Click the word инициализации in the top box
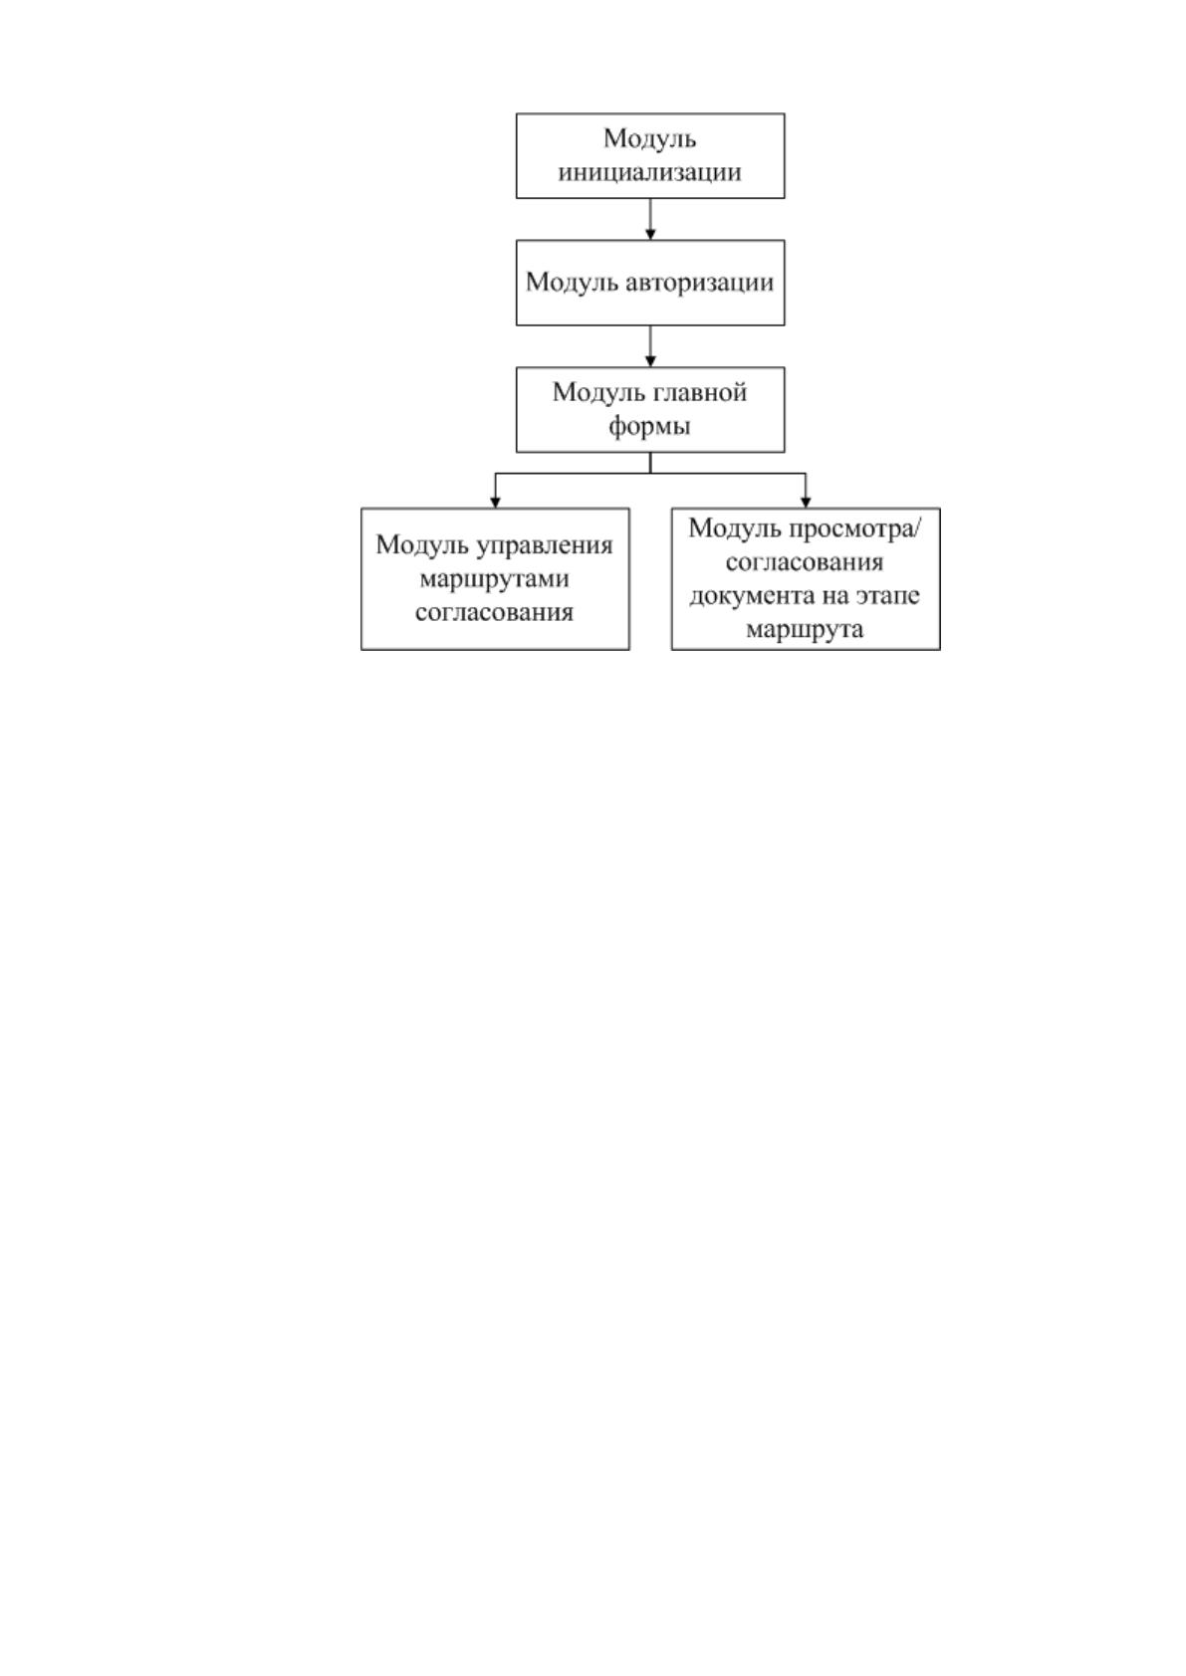pos(649,173)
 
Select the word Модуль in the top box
pos(649,139)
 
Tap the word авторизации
pos(699,283)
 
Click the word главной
pos(701,393)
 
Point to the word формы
pos(649,427)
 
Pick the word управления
pos(545,546)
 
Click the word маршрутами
pos(494,579)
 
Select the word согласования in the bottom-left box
pos(494,612)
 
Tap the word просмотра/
pos(855,529)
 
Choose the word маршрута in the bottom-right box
pos(805,630)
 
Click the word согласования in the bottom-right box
pos(805,562)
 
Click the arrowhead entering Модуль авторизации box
pos(650,234)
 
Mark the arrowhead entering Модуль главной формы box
pos(650,361)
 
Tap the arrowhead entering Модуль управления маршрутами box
pos(495,503)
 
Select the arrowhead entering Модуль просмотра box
pos(806,503)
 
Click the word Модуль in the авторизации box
pos(572,283)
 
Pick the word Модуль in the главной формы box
pos(599,393)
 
